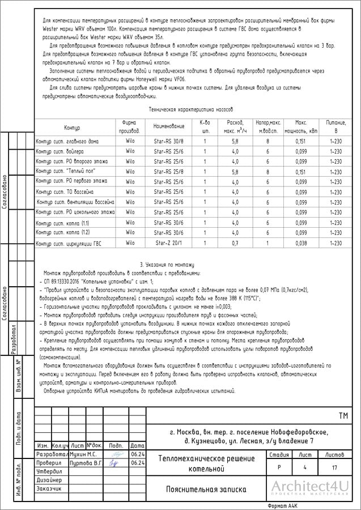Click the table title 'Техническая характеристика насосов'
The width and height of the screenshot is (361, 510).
(x=190, y=109)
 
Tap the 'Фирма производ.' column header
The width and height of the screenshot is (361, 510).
(x=130, y=126)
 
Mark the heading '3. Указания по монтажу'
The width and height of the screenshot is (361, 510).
(x=167, y=265)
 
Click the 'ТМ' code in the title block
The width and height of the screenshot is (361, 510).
(x=343, y=416)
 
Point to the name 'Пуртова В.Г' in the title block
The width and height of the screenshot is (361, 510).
(x=86, y=463)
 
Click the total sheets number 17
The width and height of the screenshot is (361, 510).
(x=335, y=467)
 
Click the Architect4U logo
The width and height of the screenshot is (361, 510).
(x=309, y=488)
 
